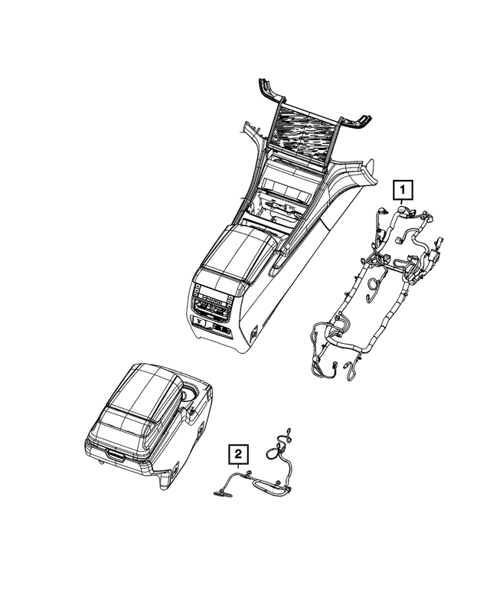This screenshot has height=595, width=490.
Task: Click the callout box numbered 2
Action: click(238, 456)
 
